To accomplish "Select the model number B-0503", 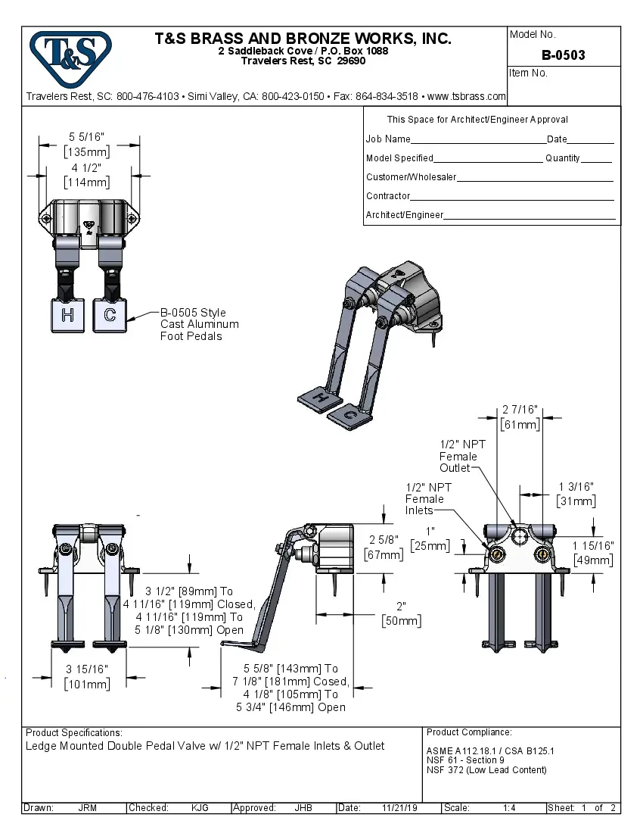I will [x=563, y=55].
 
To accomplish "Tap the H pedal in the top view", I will [x=67, y=316].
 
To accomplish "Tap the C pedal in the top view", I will [x=110, y=316].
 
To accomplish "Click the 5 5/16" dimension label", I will [x=87, y=137].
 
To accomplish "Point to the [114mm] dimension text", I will [x=87, y=183].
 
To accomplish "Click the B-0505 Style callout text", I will [x=193, y=313].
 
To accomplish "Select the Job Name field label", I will [x=388, y=139].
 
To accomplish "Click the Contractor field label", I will [x=388, y=196].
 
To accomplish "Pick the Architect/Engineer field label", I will [x=405, y=215].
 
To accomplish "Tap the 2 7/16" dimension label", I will [x=520, y=410].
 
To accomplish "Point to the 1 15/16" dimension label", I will [x=593, y=545].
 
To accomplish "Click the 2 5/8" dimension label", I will [x=384, y=540].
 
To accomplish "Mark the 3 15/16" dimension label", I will [x=87, y=669].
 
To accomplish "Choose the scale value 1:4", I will [x=509, y=808].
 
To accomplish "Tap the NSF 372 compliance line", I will [x=486, y=770].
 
